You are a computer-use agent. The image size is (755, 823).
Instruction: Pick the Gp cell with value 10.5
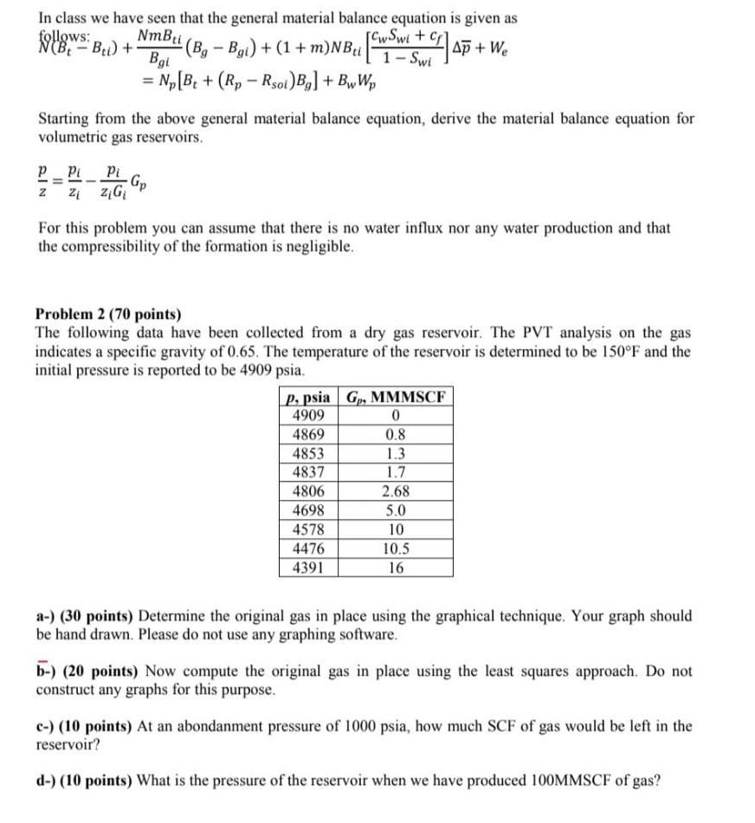pyautogui.click(x=395, y=549)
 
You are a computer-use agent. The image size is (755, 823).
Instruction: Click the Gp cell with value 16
pyautogui.click(x=395, y=568)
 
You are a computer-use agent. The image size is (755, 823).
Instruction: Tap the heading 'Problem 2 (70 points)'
pyautogui.click(x=109, y=314)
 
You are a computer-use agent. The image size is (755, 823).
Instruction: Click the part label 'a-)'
pyautogui.click(x=47, y=616)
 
